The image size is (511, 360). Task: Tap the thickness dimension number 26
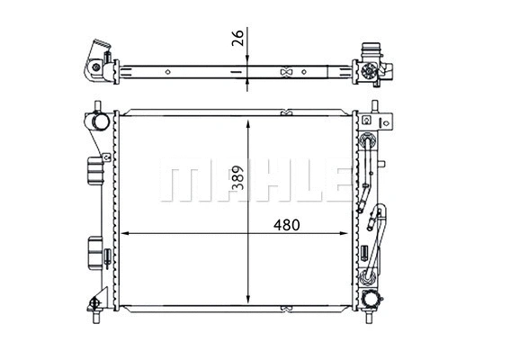pos(237,39)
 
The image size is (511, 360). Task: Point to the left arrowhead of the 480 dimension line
pos(124,233)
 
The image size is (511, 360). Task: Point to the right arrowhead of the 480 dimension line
pos(348,233)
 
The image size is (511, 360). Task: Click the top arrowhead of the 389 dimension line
pos(247,118)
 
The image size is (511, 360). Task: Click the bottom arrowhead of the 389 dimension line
pos(247,305)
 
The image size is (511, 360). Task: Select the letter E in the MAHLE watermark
pos(329,183)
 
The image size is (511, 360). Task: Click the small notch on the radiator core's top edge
pos(286,113)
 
